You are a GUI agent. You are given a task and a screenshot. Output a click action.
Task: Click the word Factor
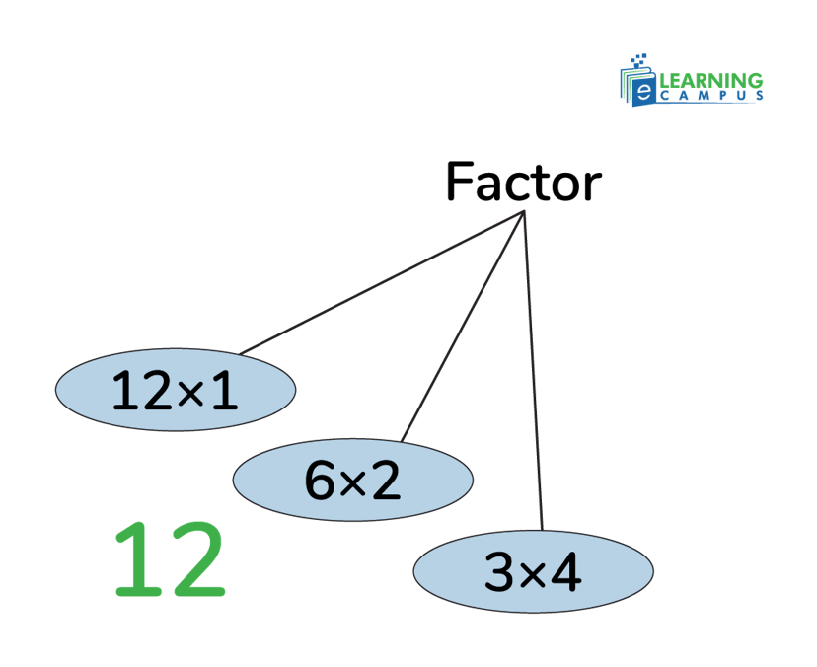[523, 183]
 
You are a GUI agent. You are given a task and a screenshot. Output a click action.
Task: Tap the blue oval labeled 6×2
[353, 480]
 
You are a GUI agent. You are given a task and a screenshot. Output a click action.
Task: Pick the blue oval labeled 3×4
[533, 570]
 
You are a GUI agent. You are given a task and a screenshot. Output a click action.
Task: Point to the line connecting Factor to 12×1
[385, 281]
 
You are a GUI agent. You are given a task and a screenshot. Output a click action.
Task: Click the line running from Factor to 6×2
[464, 326]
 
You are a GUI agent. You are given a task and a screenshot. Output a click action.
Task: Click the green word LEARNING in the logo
[710, 80]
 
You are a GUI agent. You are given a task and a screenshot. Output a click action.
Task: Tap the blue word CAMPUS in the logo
[710, 98]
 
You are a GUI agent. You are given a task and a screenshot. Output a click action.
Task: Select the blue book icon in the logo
[636, 84]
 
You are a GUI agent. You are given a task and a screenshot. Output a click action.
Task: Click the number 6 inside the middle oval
[321, 481]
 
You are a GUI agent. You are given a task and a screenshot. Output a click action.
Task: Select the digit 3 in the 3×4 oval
[500, 571]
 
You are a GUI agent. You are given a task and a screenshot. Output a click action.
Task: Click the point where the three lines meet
[524, 212]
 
